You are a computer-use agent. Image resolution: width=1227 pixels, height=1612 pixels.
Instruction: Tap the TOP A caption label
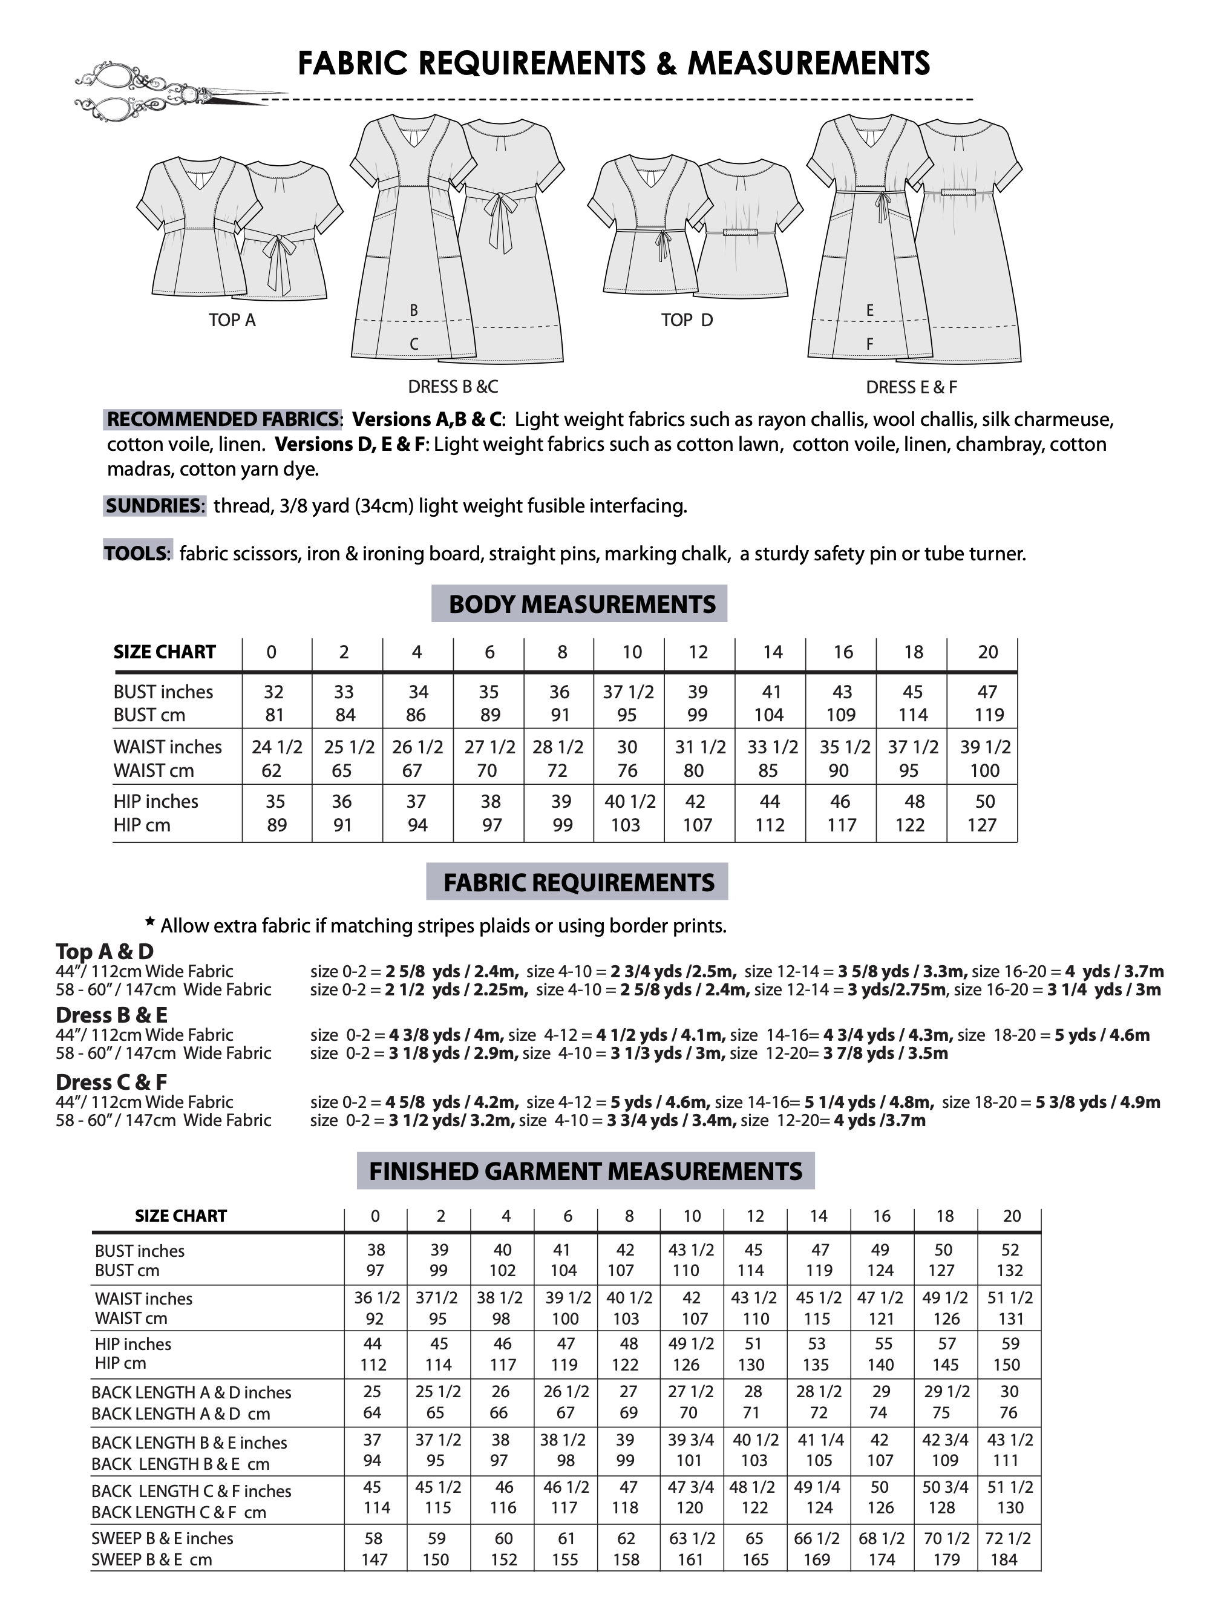(232, 320)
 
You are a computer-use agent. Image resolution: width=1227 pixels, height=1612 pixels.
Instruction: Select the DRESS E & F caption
(911, 387)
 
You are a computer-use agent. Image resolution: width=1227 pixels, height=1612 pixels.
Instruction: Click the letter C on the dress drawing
(413, 344)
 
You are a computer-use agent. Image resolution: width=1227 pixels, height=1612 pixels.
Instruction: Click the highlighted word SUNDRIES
(154, 505)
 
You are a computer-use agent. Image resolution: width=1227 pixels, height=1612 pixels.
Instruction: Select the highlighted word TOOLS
(137, 553)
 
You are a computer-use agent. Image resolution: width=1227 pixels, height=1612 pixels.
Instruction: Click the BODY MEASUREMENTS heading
(581, 604)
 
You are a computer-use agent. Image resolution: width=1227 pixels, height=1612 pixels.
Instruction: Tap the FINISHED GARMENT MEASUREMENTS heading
(585, 1171)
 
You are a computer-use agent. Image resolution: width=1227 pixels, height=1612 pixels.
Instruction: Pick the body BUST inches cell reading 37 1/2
(628, 692)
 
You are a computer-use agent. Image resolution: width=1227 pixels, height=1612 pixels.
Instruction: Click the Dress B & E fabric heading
(111, 1015)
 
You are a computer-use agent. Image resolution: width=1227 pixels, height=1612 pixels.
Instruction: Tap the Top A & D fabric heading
(105, 951)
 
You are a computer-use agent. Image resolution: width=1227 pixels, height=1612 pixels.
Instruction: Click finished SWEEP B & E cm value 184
(1004, 1559)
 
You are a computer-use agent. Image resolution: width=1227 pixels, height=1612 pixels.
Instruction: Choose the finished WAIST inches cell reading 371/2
(437, 1297)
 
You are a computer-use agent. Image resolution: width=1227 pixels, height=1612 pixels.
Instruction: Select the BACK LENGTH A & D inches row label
(191, 1392)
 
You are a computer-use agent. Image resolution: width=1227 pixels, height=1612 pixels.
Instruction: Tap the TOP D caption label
(687, 320)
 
